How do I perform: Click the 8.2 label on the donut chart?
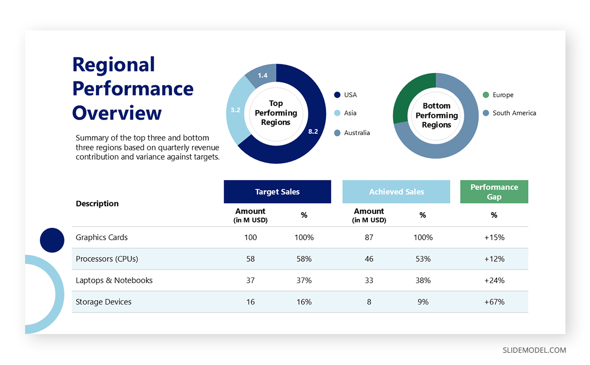[313, 132]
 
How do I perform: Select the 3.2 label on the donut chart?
[236, 110]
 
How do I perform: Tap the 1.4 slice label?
[263, 76]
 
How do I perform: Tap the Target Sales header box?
[277, 192]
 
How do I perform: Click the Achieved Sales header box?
[396, 192]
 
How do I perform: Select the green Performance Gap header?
[494, 192]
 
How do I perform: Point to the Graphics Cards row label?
[102, 237]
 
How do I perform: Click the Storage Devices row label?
[104, 302]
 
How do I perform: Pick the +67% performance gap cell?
[494, 302]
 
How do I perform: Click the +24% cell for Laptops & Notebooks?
[494, 281]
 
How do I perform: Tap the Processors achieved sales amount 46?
[369, 259]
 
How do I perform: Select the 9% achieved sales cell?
[423, 302]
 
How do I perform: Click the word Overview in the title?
[117, 112]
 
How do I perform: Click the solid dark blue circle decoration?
[52, 240]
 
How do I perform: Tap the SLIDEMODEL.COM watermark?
[534, 350]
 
